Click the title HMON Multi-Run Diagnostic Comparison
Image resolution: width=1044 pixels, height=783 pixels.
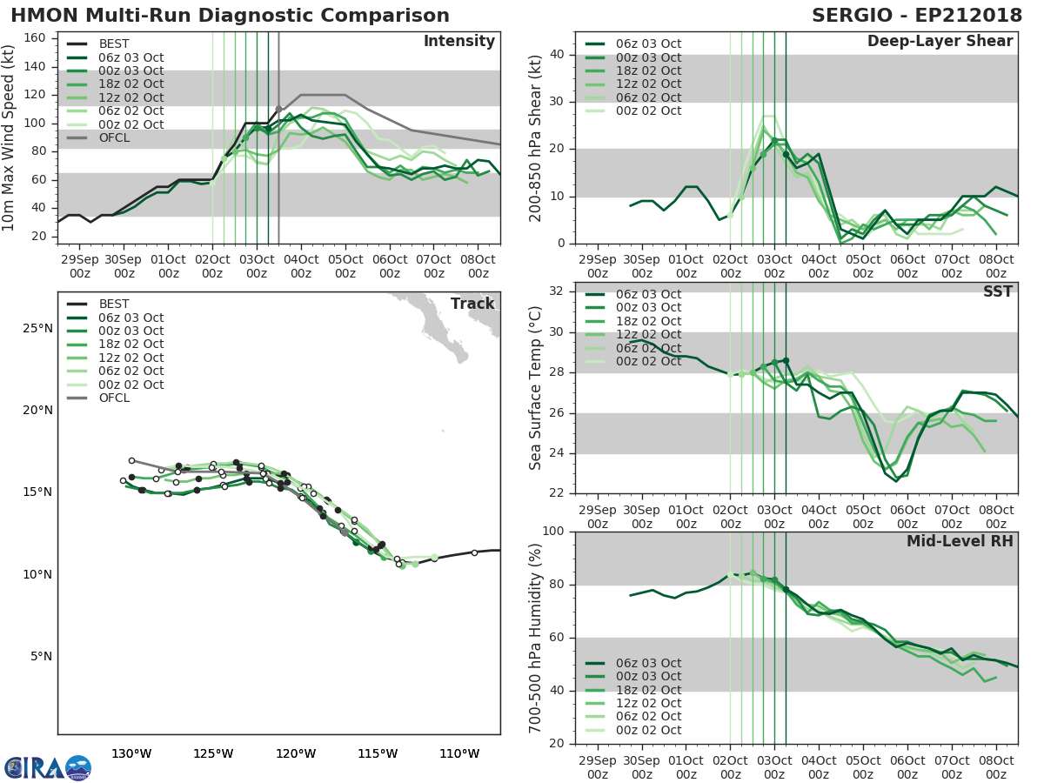[x=230, y=16]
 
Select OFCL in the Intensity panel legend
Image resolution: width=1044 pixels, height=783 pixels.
[x=115, y=138]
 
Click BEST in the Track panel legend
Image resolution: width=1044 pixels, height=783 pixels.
[x=115, y=304]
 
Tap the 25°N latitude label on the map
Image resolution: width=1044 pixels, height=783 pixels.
[x=36, y=328]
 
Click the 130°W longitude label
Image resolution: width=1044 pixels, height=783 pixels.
[x=131, y=753]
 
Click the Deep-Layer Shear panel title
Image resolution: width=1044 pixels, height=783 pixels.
[x=940, y=42]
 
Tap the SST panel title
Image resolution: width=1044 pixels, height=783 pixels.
[x=997, y=291]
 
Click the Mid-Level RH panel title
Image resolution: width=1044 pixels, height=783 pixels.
[x=960, y=541]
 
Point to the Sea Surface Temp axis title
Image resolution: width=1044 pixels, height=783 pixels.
[x=536, y=388]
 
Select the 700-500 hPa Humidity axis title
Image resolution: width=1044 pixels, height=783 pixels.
[x=536, y=638]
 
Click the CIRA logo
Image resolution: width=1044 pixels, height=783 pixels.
[x=47, y=767]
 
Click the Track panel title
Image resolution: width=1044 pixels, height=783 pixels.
[x=472, y=304]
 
